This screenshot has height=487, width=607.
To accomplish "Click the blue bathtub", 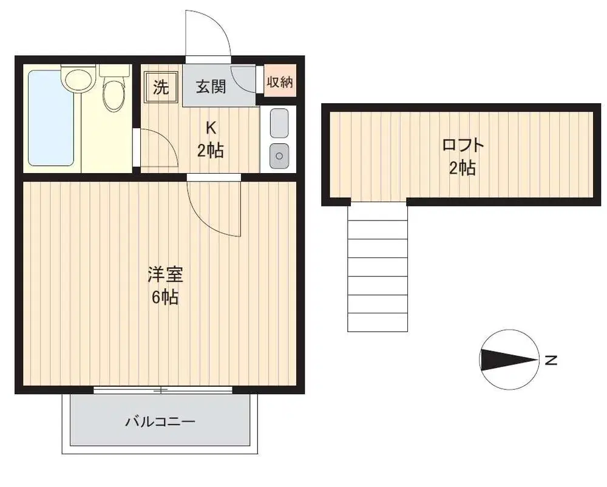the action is (51, 118).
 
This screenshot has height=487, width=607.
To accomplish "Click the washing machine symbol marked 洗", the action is (161, 87).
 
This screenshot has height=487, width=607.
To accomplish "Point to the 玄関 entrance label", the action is (211, 87).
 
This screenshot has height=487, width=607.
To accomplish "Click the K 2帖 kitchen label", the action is (211, 139).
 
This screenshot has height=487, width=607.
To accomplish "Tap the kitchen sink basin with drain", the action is (279, 155).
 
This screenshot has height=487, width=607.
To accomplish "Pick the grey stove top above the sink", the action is (279, 123).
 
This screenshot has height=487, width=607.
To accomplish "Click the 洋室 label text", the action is (165, 274).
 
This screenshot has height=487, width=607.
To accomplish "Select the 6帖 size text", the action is (165, 298).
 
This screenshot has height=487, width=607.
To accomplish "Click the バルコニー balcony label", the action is (160, 421).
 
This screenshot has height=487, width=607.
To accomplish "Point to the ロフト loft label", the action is (463, 145).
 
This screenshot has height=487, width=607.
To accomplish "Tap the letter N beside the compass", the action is (551, 360).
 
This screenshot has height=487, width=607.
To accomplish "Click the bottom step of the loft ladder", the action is (378, 322).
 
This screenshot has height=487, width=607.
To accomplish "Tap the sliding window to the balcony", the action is (163, 390).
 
